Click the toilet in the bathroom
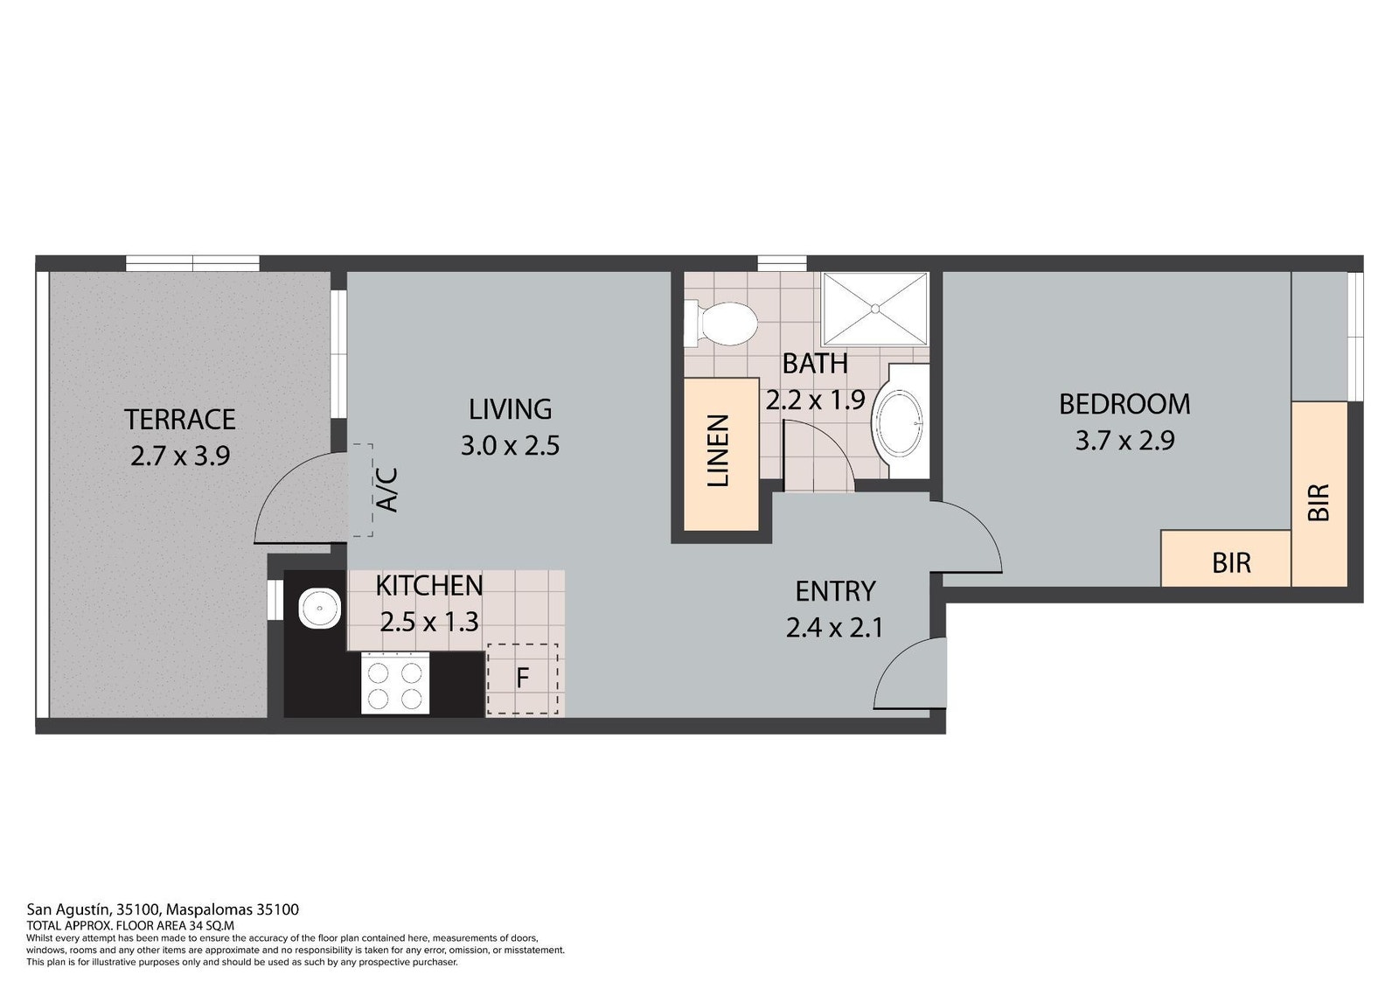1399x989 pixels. [720, 324]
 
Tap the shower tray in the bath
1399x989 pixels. [874, 309]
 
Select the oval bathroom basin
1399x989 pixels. [897, 423]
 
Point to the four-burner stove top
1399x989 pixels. [394, 683]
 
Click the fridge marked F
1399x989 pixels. [522, 679]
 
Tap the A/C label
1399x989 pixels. [388, 491]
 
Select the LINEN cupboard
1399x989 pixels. [721, 454]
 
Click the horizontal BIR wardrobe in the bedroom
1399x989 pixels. [1225, 558]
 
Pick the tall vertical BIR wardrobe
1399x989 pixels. [1319, 493]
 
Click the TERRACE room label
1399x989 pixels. [180, 419]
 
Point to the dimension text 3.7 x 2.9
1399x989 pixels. [1124, 441]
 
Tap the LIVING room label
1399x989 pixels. [511, 409]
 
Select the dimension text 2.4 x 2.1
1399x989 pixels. [834, 627]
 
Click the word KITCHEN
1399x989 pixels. [429, 585]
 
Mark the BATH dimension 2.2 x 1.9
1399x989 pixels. [815, 400]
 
